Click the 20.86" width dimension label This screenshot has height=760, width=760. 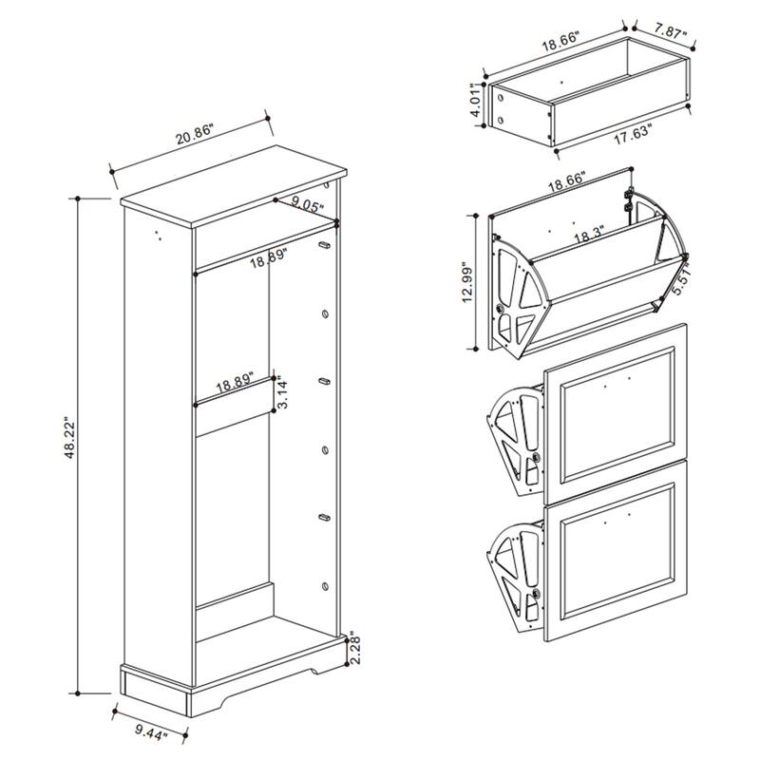(x=195, y=136)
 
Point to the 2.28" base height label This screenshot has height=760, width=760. (x=353, y=652)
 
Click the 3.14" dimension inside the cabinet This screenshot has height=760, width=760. (x=281, y=389)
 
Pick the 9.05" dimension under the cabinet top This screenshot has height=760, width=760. (x=308, y=202)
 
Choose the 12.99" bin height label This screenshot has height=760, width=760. (x=465, y=282)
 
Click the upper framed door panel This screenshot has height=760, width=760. (x=617, y=404)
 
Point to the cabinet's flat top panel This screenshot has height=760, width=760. (x=233, y=186)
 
